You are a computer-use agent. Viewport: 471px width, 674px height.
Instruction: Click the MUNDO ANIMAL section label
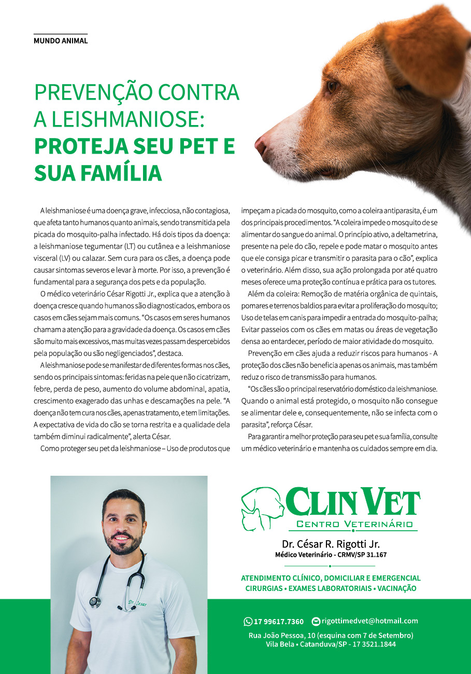coord(61,40)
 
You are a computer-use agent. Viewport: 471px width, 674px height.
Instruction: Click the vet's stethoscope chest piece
coord(95,602)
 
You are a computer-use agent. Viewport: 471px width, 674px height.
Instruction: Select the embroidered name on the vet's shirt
coord(137,603)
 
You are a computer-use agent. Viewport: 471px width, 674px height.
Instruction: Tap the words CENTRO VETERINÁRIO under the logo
coord(354,524)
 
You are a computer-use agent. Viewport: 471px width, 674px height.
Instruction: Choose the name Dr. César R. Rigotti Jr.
coord(331,544)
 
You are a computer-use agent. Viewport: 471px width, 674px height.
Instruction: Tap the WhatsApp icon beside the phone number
coord(248,622)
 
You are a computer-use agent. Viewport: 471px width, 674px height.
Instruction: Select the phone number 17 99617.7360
coord(279,622)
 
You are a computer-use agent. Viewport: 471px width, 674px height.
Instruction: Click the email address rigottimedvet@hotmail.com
coord(369,621)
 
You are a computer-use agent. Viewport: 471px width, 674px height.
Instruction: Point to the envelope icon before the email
coord(316,621)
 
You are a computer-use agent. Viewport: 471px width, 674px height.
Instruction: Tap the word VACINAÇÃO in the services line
coord(396,588)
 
